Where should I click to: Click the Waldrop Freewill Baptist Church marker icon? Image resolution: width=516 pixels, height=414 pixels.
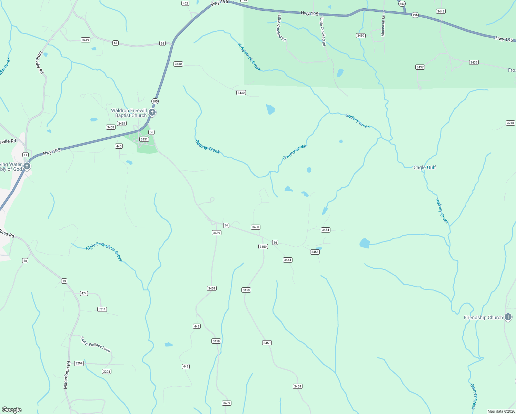tap(152, 112)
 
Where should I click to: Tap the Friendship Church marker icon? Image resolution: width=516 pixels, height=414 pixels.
tap(508, 317)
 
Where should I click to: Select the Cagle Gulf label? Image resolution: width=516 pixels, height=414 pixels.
tap(425, 167)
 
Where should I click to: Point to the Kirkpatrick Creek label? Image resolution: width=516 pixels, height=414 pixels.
tap(249, 57)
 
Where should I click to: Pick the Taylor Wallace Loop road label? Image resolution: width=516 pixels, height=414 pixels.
tap(96, 344)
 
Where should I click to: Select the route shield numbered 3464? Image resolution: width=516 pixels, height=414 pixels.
tap(288, 260)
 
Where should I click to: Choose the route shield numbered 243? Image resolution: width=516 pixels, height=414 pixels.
tap(402, 4)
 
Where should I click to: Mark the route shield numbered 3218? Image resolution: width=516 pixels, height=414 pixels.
tap(510, 123)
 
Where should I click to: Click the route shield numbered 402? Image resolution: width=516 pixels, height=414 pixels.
tap(186, 3)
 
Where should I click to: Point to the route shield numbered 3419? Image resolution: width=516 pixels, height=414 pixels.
tap(86, 40)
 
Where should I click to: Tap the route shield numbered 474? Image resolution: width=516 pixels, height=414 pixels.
tap(84, 293)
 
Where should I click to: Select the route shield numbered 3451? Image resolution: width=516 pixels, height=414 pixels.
tap(144, 139)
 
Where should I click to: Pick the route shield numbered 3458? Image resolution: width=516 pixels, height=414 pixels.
tap(255, 227)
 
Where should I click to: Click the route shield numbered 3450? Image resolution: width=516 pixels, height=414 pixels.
tap(361, 36)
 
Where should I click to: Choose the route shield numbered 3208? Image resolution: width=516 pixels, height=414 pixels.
tap(107, 371)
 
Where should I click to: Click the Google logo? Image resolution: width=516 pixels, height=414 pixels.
tap(11, 410)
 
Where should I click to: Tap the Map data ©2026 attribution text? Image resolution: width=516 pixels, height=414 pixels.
tap(501, 411)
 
